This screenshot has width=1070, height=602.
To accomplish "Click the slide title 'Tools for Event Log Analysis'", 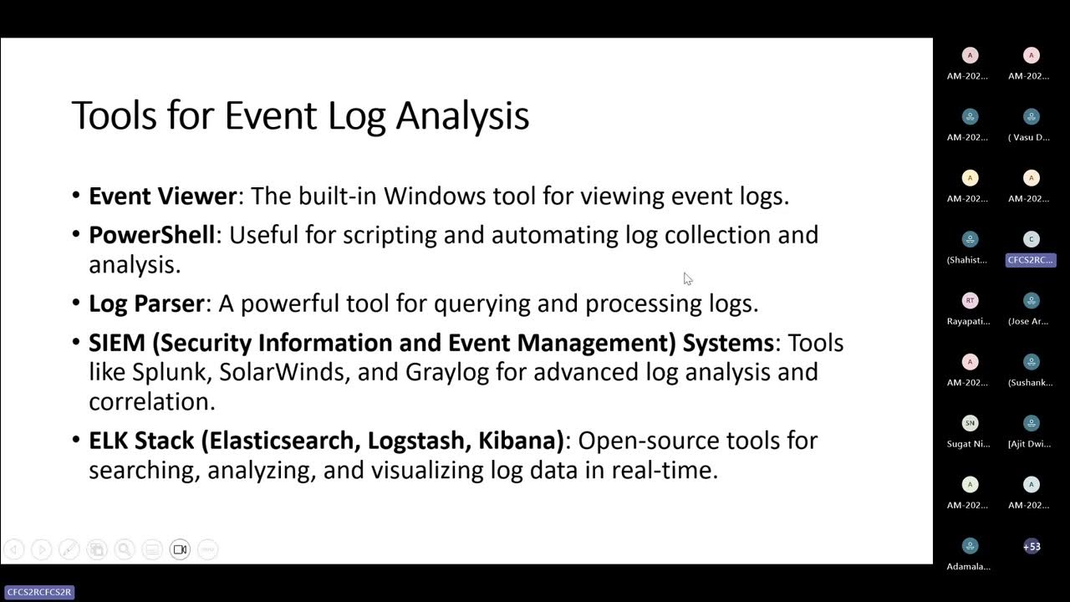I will tap(300, 115).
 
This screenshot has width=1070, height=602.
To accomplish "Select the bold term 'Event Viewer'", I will tap(163, 196).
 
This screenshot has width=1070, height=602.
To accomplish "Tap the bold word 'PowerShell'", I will tap(152, 235).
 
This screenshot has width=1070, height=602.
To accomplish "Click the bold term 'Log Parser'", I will tap(146, 304).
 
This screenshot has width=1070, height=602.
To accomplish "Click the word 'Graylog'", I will tap(447, 372).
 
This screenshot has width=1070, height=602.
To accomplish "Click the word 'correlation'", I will tap(152, 401).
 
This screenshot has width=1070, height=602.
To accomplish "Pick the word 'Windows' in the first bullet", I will tap(435, 196).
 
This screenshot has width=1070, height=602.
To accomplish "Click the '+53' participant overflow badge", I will tap(1032, 547).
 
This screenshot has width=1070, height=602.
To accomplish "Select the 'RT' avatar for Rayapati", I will tap(970, 301).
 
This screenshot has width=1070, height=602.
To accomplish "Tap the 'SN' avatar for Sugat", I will tap(970, 423).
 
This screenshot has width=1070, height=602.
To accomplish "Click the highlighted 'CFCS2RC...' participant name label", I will tap(1031, 260).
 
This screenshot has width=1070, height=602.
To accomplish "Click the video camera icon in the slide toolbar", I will tap(180, 549).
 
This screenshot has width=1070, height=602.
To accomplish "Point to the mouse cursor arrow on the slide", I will tap(687, 278).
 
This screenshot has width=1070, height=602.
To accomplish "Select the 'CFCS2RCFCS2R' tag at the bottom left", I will tap(39, 592).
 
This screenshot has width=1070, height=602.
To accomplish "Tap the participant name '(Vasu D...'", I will tap(1031, 137).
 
